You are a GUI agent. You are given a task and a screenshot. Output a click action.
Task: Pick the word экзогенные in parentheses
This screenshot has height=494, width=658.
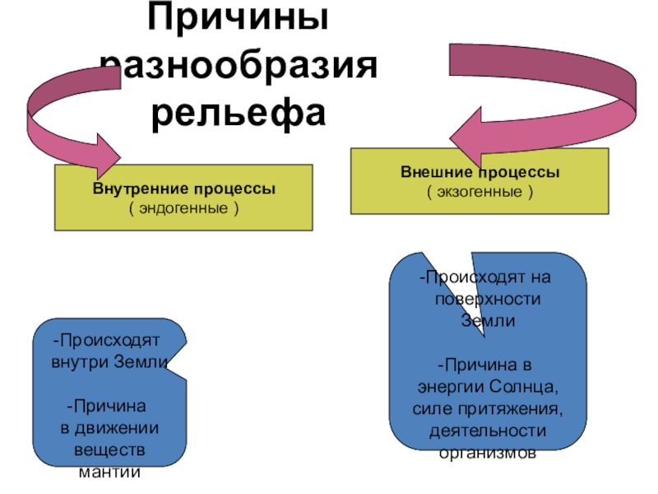tap(480, 192)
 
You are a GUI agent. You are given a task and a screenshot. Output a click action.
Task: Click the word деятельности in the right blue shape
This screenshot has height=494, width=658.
tap(488, 430)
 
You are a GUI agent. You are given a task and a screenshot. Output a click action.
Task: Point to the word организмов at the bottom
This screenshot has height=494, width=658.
tap(488, 452)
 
